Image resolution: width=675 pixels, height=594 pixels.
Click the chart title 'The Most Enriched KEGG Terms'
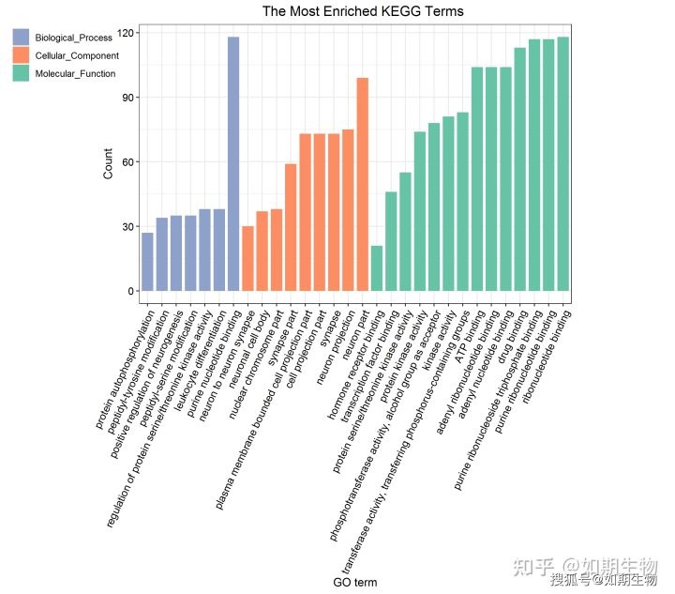362,11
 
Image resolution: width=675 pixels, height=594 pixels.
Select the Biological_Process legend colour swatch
22,37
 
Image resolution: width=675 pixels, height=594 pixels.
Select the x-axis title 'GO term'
355,583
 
